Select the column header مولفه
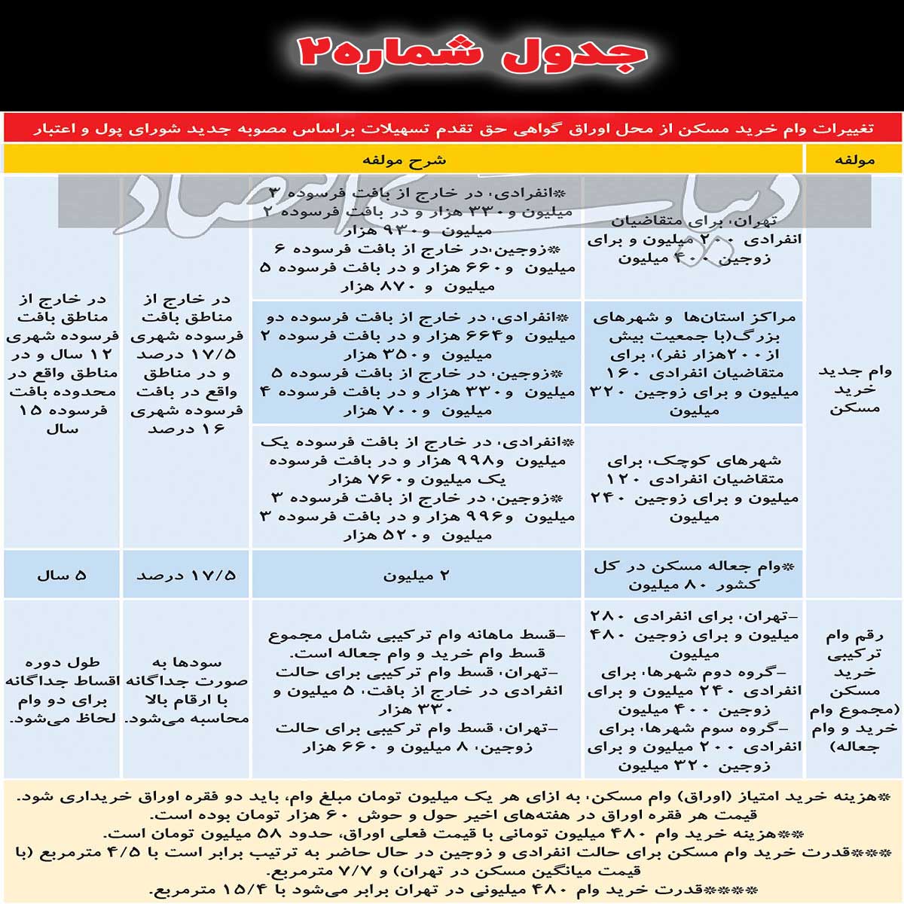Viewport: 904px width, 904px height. (x=854, y=160)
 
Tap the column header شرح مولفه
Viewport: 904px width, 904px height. (x=404, y=160)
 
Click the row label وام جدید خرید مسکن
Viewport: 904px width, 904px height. (x=854, y=389)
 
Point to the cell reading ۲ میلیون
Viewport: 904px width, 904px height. (x=417, y=576)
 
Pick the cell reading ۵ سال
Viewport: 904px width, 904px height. (x=62, y=576)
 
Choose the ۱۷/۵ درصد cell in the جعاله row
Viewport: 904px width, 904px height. (x=186, y=576)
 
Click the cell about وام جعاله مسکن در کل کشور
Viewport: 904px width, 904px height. (x=693, y=576)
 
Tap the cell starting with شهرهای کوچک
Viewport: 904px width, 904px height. (x=693, y=488)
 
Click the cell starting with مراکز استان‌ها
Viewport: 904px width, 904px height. (x=693, y=364)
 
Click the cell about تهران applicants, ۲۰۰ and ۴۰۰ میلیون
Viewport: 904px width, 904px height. (x=693, y=240)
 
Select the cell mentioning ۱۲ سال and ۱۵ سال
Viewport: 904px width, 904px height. (x=62, y=364)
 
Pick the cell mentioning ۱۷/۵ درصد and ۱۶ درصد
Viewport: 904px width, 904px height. (x=186, y=364)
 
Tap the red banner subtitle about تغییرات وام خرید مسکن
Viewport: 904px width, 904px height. (x=452, y=129)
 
